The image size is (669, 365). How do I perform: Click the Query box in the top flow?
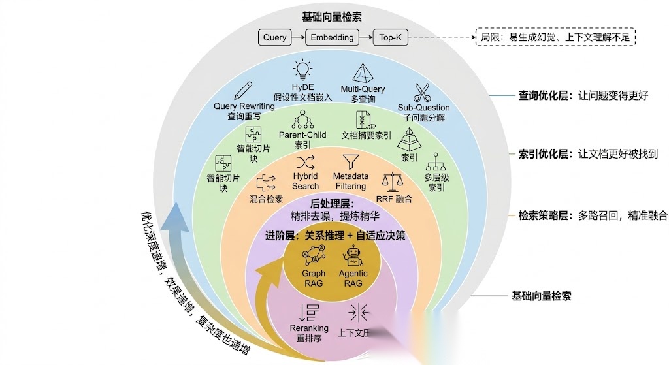(274, 37)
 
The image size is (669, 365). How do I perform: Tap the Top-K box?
(391, 37)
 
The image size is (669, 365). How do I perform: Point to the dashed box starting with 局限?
(555, 37)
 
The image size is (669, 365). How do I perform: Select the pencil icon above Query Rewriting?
(242, 91)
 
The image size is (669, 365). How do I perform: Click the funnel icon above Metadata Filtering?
(351, 161)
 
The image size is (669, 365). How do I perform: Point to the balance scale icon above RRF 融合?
(393, 180)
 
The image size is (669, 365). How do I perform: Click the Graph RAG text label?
(314, 278)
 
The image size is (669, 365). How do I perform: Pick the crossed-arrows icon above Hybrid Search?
(305, 161)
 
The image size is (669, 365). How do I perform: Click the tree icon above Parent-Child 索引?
(302, 119)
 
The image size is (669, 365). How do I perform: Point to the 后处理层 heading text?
(332, 204)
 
